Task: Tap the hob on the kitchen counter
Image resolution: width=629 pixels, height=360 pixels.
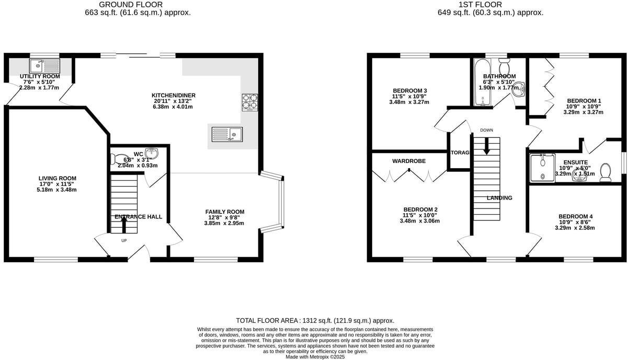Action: pyautogui.click(x=249, y=102)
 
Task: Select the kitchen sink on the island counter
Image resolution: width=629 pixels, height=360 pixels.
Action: pyautogui.click(x=226, y=134)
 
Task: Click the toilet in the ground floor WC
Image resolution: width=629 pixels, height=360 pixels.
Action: pyautogui.click(x=119, y=159)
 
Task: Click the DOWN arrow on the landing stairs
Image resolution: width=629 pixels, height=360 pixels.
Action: pyautogui.click(x=487, y=147)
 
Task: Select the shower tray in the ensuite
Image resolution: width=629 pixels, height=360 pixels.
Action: pyautogui.click(x=542, y=168)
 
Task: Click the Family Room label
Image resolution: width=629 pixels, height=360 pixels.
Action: pyautogui.click(x=224, y=212)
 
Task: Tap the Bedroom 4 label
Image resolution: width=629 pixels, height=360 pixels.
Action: pyautogui.click(x=575, y=216)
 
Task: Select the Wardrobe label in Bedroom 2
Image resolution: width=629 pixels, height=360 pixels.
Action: pyautogui.click(x=409, y=161)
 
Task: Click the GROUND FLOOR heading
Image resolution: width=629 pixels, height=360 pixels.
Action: pyautogui.click(x=137, y=5)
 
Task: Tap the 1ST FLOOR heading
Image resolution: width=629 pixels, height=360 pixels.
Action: pyautogui.click(x=490, y=5)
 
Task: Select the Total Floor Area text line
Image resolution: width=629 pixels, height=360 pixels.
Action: pyautogui.click(x=315, y=320)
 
